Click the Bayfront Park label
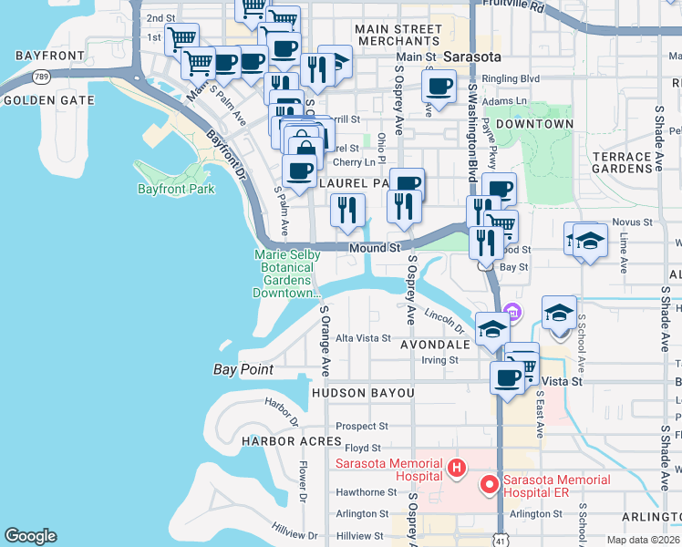click(x=175, y=190)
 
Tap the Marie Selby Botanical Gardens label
click(x=287, y=273)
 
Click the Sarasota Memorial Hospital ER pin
click(x=490, y=484)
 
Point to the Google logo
click(x=30, y=536)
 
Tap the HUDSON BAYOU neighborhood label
click(x=363, y=393)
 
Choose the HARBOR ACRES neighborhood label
click(x=292, y=441)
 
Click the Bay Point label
click(x=243, y=369)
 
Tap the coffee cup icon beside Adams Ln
click(x=439, y=88)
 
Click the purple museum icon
click(x=512, y=314)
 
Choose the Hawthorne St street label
click(x=367, y=491)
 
